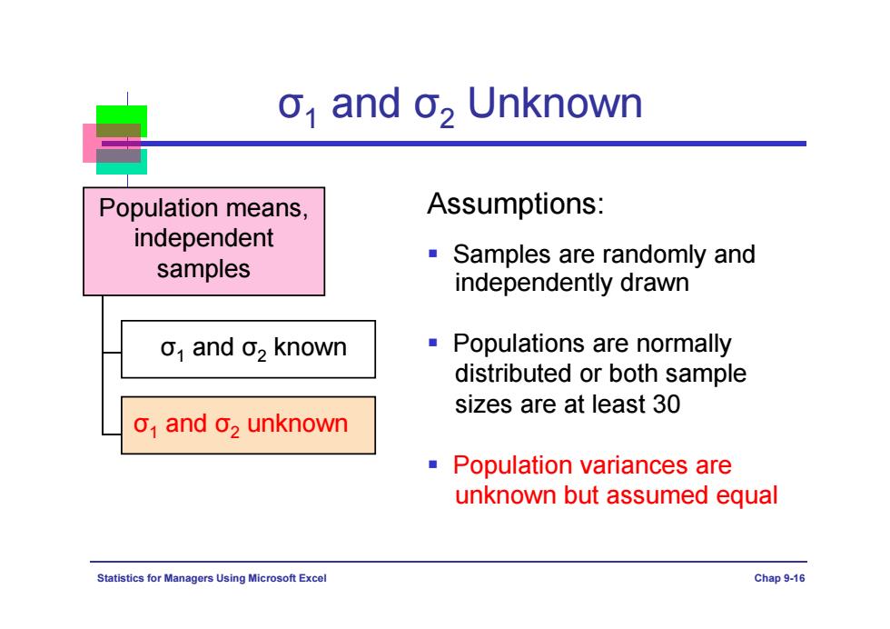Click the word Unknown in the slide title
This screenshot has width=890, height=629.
(x=555, y=104)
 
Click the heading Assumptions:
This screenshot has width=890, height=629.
(x=516, y=204)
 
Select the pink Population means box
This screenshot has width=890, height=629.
(x=203, y=242)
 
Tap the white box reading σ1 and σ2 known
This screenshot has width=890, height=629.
(x=248, y=349)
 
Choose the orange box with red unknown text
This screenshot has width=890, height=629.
(x=248, y=425)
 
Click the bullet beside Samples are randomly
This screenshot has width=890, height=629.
(x=433, y=254)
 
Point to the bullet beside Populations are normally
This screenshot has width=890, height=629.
(x=433, y=343)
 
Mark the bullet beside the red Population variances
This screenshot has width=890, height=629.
(x=433, y=464)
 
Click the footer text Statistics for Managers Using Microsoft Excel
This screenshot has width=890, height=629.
(x=212, y=578)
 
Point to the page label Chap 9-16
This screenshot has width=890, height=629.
(x=779, y=578)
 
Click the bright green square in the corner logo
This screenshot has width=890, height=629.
(x=122, y=115)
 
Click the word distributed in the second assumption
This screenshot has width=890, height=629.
(x=513, y=374)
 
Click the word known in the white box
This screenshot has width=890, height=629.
(x=310, y=347)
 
